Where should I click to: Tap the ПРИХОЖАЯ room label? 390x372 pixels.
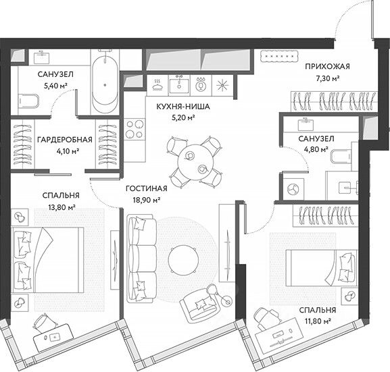pyautogui.click(x=327, y=67)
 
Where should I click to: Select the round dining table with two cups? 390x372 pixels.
pyautogui.click(x=195, y=161)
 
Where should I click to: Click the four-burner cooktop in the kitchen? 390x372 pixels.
pyautogui.click(x=135, y=129)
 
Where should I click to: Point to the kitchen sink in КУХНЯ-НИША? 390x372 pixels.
pyautogui.click(x=179, y=85)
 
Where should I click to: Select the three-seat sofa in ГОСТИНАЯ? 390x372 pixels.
pyautogui.click(x=141, y=259)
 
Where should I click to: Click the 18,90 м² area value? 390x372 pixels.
pyautogui.click(x=146, y=200)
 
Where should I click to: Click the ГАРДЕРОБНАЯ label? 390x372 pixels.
pyautogui.click(x=65, y=140)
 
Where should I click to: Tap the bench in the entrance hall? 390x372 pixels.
pyautogui.click(x=278, y=57)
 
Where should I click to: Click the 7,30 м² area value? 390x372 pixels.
pyautogui.click(x=327, y=78)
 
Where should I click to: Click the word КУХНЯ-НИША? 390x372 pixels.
pyautogui.click(x=183, y=107)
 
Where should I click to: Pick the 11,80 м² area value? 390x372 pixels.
pyautogui.click(x=318, y=321)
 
